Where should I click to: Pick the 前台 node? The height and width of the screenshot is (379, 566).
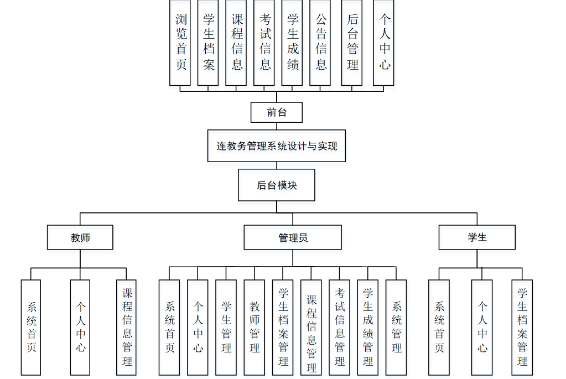click(277, 112)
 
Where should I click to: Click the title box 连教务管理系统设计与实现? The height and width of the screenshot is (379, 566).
click(277, 146)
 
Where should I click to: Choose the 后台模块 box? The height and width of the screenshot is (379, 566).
click(277, 185)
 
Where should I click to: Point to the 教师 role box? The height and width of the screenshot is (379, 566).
click(80, 237)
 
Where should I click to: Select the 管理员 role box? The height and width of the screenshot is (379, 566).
click(293, 237)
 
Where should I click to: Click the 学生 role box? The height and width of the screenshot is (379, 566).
click(477, 237)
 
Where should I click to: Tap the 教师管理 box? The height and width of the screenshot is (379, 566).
click(255, 327)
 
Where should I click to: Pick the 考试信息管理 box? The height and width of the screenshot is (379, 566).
click(340, 327)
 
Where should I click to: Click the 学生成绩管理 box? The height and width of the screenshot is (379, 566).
click(368, 327)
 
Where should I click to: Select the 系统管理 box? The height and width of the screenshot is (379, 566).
click(396, 327)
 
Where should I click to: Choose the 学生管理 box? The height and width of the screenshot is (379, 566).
click(226, 327)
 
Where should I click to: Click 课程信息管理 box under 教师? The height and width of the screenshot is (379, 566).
click(127, 327)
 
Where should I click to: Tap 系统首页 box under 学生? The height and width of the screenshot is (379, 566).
click(439, 327)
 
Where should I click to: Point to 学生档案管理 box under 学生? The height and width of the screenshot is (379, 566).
click(522, 327)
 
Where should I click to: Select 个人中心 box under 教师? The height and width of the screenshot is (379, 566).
click(80, 327)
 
